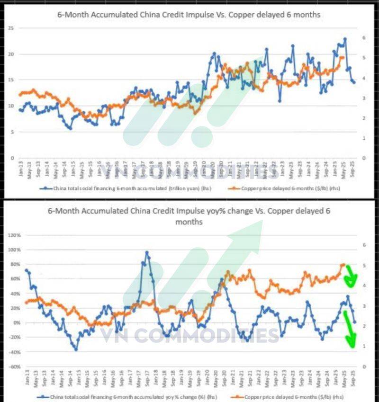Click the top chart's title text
tap(189, 15)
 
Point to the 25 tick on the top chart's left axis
tap(10, 28)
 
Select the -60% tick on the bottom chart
tap(15, 367)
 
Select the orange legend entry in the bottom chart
tap(289, 396)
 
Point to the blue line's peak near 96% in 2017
tap(147, 252)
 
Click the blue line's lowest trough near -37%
tap(76, 349)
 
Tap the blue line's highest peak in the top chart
tap(345, 39)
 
